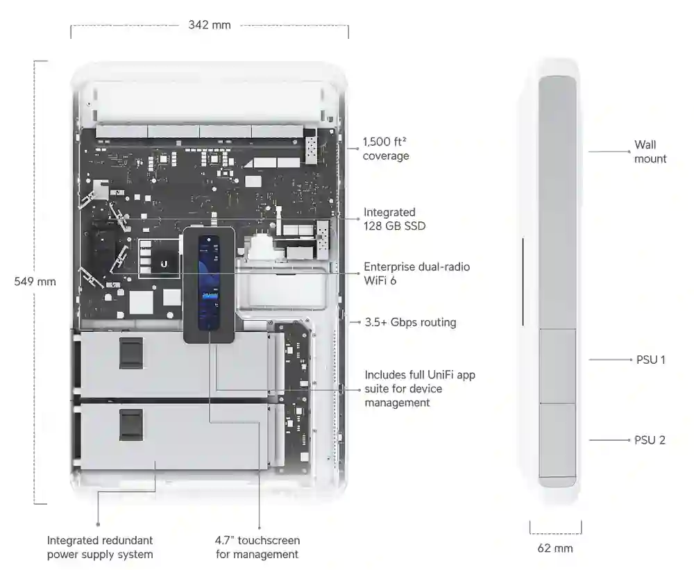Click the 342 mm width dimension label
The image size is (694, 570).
coord(210,25)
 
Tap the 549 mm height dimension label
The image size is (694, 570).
coord(35,282)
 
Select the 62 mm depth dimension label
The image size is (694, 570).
coord(555,548)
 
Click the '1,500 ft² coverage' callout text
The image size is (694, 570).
coord(385,149)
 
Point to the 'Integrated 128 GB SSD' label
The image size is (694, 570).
coord(394,219)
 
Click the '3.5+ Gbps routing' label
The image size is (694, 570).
coord(410,322)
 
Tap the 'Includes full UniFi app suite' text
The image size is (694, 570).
coord(419,389)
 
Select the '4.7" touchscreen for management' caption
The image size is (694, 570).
coord(257,547)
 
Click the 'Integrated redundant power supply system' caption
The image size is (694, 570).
coord(100,547)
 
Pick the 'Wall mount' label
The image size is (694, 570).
coord(650,152)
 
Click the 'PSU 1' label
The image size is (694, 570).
coord(650,360)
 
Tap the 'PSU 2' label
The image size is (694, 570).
coord(650,440)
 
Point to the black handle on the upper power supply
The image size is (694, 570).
coord(130,353)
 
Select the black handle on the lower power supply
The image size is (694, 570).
coord(130,424)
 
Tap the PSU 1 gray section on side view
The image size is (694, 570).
coord(557,366)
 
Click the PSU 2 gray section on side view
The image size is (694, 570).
coord(557,440)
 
